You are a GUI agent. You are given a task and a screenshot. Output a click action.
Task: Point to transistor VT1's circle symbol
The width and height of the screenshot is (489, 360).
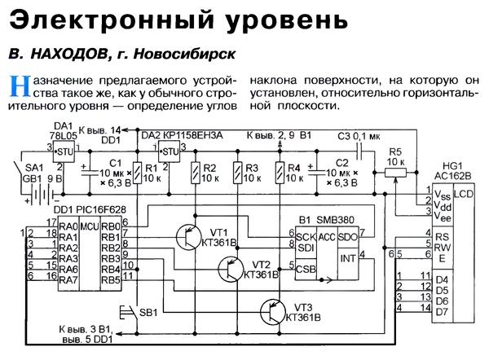pyautogui.click(x=189, y=237)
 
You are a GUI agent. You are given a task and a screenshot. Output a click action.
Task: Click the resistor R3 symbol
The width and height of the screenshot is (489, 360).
pyautogui.click(x=236, y=173)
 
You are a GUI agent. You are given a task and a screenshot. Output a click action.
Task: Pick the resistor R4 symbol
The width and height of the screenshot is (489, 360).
pyautogui.click(x=280, y=173)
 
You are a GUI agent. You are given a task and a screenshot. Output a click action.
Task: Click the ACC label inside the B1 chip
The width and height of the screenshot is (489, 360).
pyautogui.click(x=327, y=236)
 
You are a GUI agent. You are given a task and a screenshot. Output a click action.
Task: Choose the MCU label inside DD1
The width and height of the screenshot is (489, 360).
pyautogui.click(x=92, y=226)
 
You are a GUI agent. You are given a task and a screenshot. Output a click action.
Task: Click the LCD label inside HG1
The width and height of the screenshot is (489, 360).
pyautogui.click(x=462, y=195)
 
